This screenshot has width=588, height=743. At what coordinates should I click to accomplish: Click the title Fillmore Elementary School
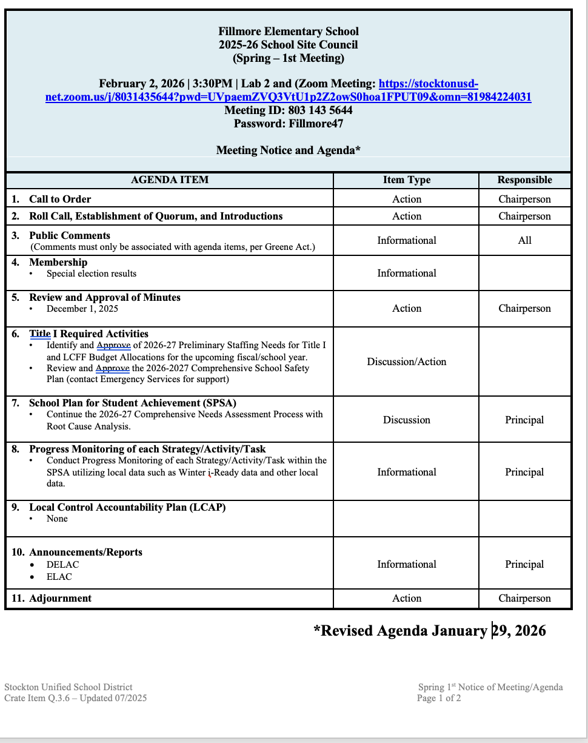point(289,32)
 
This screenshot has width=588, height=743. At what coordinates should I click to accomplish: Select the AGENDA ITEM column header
point(170,180)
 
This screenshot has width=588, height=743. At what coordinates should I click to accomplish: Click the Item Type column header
point(406,180)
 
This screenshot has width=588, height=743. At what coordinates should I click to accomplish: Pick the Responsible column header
point(524,180)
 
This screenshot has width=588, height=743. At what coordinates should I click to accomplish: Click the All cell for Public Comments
point(524,240)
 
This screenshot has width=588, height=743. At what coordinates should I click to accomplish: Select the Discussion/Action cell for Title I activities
point(406,361)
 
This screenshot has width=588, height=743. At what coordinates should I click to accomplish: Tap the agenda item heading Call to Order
point(60,199)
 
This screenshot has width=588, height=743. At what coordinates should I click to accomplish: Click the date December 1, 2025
point(82,309)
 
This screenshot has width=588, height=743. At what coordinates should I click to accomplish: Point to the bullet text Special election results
point(92,274)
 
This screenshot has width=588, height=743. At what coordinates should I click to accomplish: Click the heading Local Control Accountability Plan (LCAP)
point(127,507)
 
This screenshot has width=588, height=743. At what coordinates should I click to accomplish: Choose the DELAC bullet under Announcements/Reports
point(62,565)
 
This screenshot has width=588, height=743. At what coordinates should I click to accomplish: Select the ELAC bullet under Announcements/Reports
point(59,577)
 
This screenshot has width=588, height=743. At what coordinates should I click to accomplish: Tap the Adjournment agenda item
point(60,598)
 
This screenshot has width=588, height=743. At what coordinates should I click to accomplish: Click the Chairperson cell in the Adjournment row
point(524,598)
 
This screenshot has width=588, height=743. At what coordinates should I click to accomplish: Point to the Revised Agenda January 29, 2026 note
point(429,631)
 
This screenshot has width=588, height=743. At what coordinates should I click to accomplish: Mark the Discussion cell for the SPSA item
point(406,420)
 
